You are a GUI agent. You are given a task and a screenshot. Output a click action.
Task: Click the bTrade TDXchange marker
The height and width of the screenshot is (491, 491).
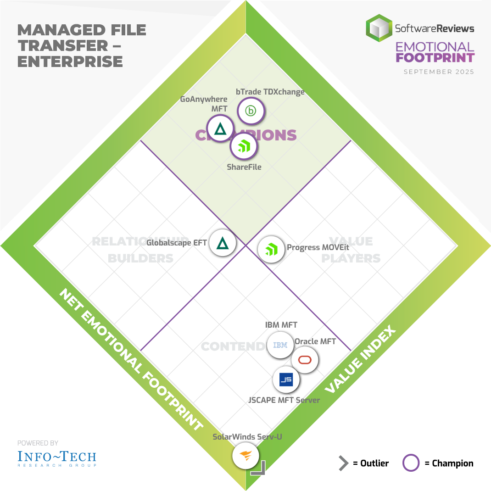point(251,111)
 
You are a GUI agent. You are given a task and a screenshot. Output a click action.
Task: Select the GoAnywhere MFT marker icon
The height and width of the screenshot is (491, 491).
point(220,129)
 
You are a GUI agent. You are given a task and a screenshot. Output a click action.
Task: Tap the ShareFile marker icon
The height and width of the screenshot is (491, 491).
point(243,147)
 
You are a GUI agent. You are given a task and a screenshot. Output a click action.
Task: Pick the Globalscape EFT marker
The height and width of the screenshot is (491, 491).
point(223,243)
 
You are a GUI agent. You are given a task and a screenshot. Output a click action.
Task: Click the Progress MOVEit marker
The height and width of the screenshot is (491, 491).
point(271,249)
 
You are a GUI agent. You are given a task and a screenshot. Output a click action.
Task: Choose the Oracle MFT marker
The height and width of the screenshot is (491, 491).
point(305,360)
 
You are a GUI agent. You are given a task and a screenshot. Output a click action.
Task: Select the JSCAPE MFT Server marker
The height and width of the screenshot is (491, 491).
point(286,379)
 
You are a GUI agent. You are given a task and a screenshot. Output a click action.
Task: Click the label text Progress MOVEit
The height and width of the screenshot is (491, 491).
point(318,247)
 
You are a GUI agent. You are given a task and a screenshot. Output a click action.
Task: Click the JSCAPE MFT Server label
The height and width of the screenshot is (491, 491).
point(284,400)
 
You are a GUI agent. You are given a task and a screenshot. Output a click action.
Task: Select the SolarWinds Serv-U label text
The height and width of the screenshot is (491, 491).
point(247,436)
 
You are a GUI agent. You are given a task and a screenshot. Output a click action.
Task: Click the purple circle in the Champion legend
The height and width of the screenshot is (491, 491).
point(411,463)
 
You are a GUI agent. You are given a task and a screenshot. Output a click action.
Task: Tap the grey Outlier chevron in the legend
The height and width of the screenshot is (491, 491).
point(343,463)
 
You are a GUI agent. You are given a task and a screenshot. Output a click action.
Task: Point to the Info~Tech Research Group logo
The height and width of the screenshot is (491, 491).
point(57,458)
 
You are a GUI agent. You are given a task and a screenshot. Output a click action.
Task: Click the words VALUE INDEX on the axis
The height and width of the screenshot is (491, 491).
point(360,360)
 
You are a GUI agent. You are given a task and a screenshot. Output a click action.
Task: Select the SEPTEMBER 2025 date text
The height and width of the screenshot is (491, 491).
point(439,72)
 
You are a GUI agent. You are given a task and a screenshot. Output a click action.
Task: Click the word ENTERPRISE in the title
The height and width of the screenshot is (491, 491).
point(70,61)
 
